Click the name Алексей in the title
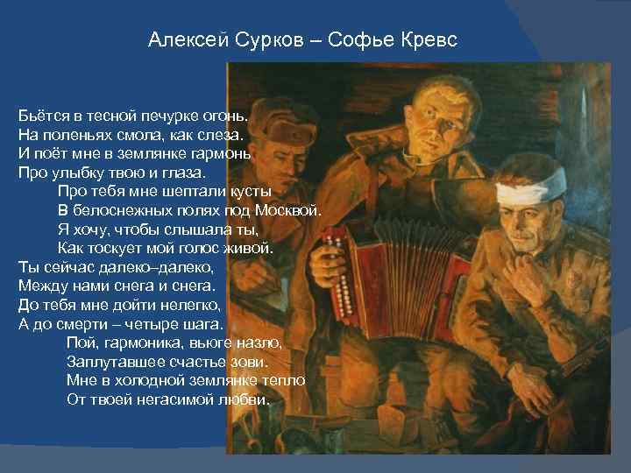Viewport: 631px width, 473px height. point(181,40)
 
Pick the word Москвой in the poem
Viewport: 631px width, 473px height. point(290,210)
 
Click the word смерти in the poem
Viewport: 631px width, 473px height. point(86,323)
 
